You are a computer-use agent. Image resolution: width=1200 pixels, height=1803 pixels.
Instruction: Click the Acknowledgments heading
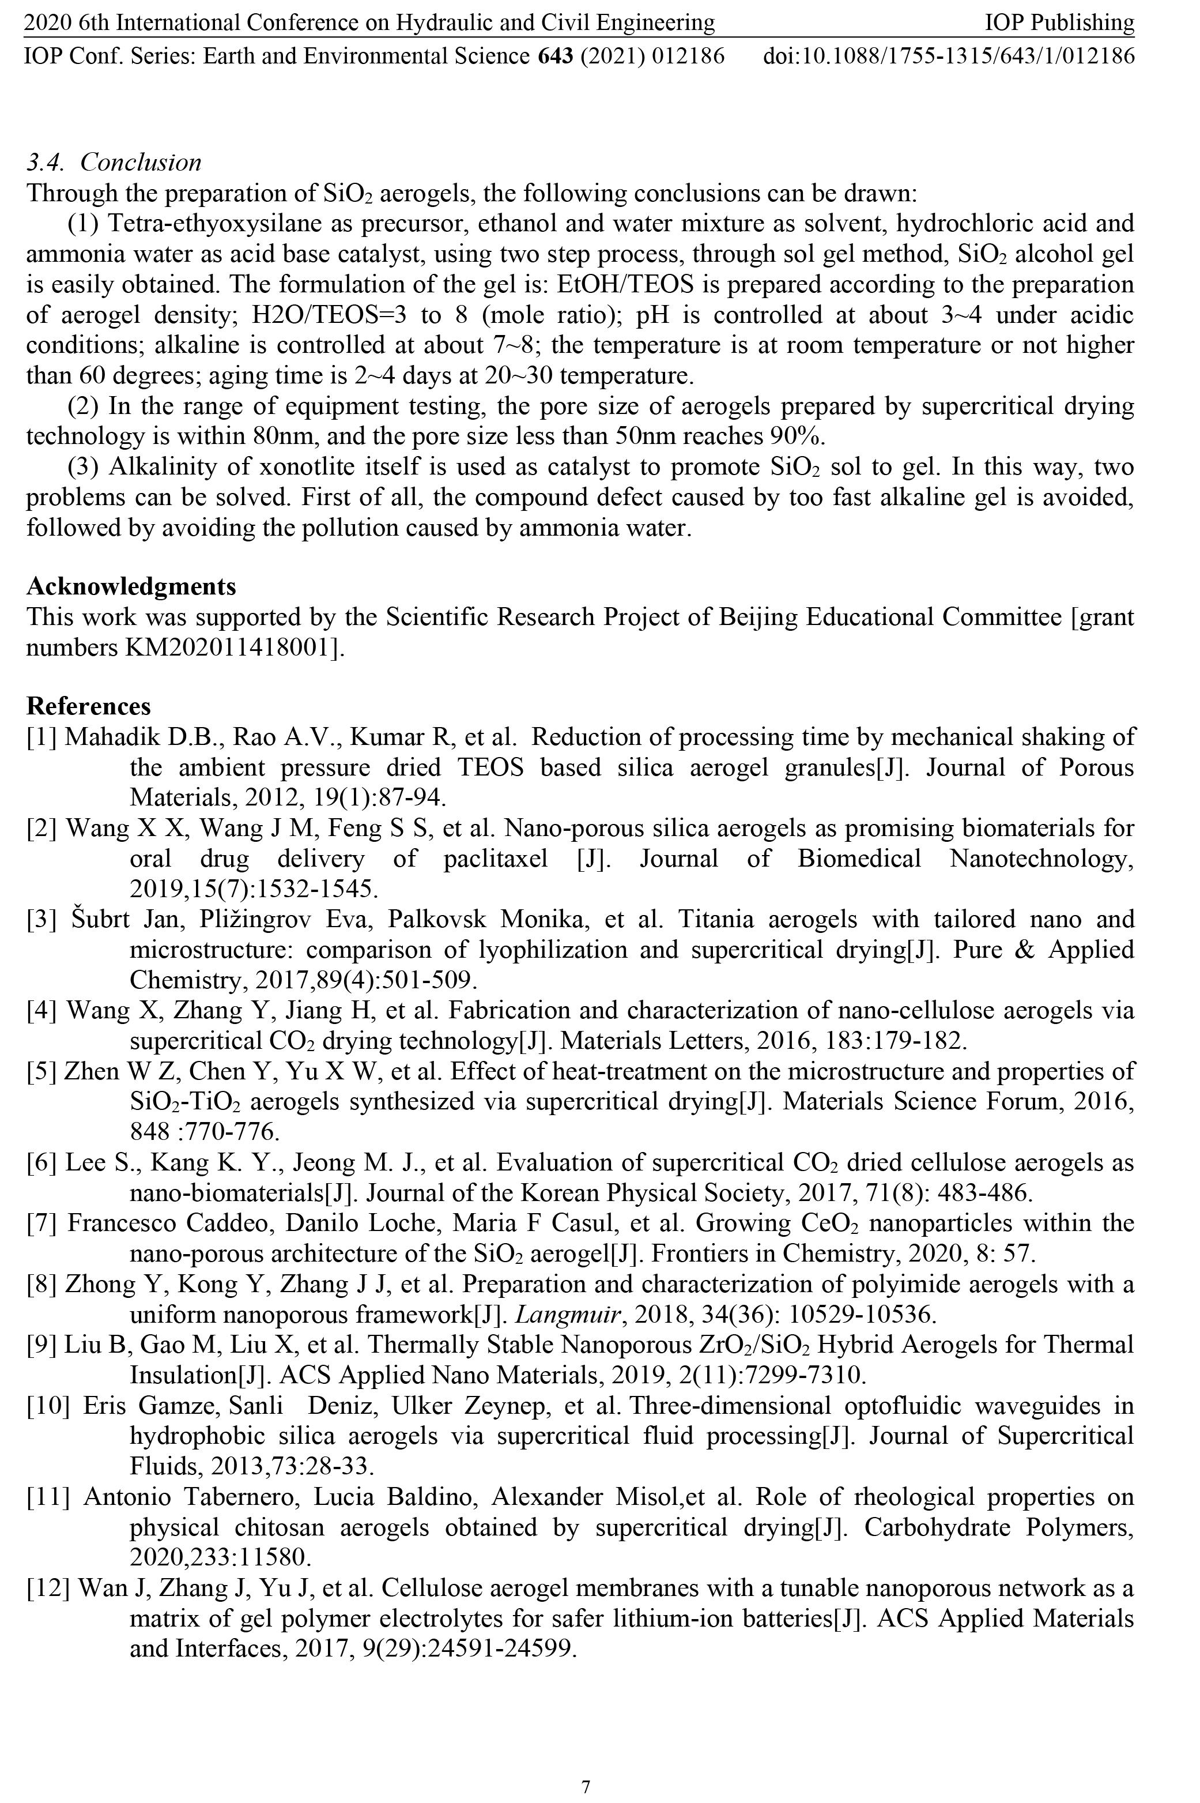point(131,586)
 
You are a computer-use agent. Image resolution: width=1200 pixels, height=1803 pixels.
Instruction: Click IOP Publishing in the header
point(1059,23)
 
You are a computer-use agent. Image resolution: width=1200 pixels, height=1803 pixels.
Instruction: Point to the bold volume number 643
point(556,57)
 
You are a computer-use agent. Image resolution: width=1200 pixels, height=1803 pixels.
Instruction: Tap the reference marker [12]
point(47,1590)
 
